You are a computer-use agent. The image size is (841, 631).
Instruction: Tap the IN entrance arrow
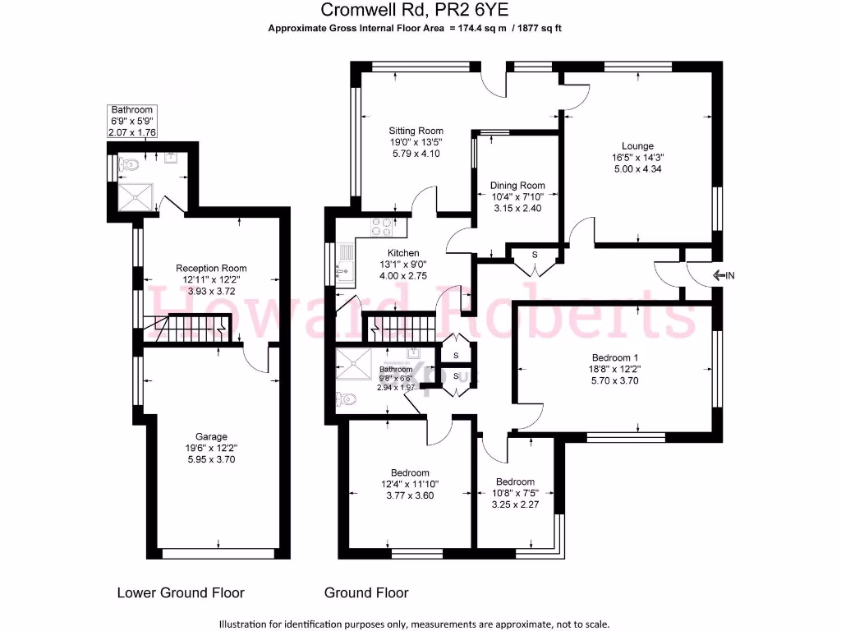coord(723,276)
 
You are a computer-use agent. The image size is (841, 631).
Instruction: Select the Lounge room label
coord(637,146)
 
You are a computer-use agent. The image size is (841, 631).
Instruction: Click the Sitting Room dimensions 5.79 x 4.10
coord(416,154)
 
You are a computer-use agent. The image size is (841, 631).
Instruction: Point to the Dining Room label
coord(517,186)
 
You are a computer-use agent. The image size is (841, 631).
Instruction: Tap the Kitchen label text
coord(403,253)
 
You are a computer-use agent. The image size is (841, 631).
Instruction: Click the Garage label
coord(211,436)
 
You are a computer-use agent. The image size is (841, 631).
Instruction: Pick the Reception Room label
coord(211,268)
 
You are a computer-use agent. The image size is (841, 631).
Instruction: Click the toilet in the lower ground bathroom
coord(127,165)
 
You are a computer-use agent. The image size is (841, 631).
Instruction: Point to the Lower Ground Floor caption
coord(181,592)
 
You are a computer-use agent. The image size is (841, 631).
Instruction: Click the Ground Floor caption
coord(366,592)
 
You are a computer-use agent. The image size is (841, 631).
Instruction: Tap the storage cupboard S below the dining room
coord(535,255)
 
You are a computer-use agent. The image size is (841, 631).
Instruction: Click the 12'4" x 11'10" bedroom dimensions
coord(410,484)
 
